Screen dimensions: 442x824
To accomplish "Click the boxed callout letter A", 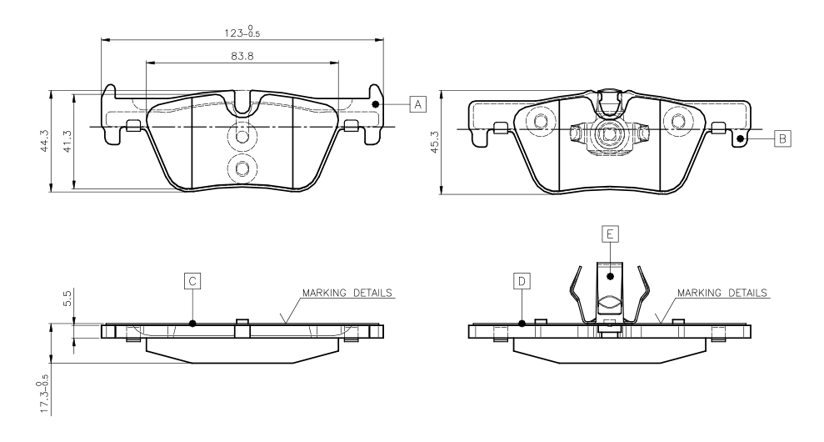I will click(418, 104).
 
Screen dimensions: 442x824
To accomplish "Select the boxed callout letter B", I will click(781, 138).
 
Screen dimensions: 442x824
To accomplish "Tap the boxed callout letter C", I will click(192, 281).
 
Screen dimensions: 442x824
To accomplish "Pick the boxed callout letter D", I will click(522, 281).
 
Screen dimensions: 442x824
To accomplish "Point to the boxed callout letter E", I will click(610, 234).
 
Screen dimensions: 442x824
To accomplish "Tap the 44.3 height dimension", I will click(54, 139).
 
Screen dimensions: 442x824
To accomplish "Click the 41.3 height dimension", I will click(77, 139).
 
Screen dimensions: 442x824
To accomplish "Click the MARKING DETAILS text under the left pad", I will click(348, 294).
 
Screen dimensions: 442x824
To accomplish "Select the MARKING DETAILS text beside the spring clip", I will click(722, 294).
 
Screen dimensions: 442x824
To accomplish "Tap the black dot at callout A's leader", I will click(376, 104).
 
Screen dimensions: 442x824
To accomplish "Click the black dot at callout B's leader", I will click(740, 138).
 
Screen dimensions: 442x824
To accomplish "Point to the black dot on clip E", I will click(610, 275).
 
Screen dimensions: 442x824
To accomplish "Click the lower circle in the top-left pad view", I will click(242, 169).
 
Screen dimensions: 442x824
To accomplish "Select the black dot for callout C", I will click(192, 324).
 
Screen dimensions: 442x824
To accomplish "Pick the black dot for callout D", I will click(522, 324).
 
